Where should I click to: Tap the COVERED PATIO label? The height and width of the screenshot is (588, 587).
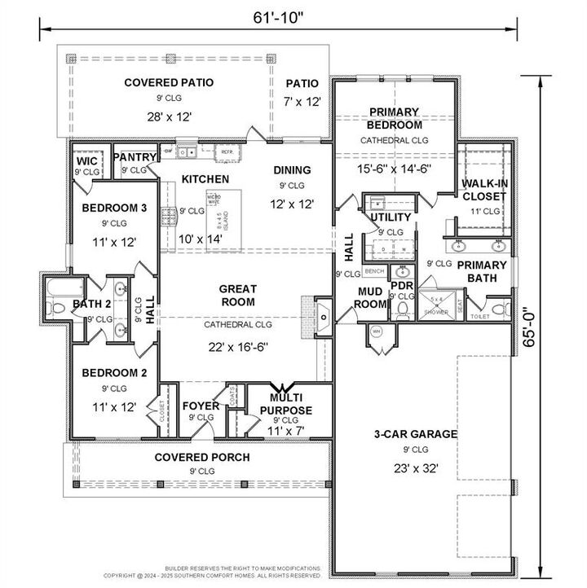(x=169, y=82)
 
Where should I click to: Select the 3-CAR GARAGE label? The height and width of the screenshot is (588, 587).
(x=415, y=434)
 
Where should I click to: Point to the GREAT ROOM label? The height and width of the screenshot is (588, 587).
(x=237, y=295)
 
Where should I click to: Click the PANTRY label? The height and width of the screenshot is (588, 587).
(x=135, y=157)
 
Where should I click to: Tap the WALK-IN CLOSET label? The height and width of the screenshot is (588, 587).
(x=485, y=190)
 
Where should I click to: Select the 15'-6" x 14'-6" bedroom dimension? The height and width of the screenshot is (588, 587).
(x=394, y=169)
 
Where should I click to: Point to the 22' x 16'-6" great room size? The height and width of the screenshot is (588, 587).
(x=237, y=344)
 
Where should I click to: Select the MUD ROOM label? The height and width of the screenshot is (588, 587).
(x=369, y=298)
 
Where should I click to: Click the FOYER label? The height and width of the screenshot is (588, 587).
(x=199, y=406)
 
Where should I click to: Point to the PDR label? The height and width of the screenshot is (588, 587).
(x=401, y=286)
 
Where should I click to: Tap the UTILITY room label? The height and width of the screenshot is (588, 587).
(x=391, y=217)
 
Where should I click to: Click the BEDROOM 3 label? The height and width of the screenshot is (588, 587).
(x=114, y=208)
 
